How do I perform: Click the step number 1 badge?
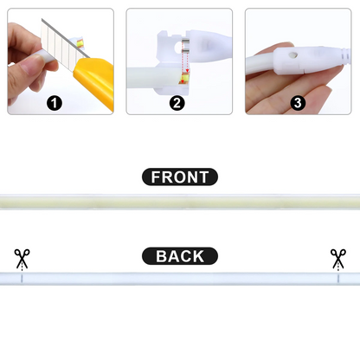(55, 103)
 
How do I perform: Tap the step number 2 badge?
(177, 103)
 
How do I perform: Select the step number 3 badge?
(298, 103)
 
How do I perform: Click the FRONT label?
(180, 177)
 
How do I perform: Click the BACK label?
(180, 256)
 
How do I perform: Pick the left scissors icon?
(22, 258)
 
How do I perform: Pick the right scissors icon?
(338, 258)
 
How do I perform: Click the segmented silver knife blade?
(62, 41)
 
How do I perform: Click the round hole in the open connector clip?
(177, 48)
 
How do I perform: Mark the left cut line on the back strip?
(22, 279)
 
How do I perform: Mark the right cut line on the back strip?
(338, 279)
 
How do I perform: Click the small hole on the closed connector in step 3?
(293, 55)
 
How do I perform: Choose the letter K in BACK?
(198, 256)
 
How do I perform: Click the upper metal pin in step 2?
(185, 41)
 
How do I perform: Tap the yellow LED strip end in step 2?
(183, 79)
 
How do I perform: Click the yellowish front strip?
(180, 202)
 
